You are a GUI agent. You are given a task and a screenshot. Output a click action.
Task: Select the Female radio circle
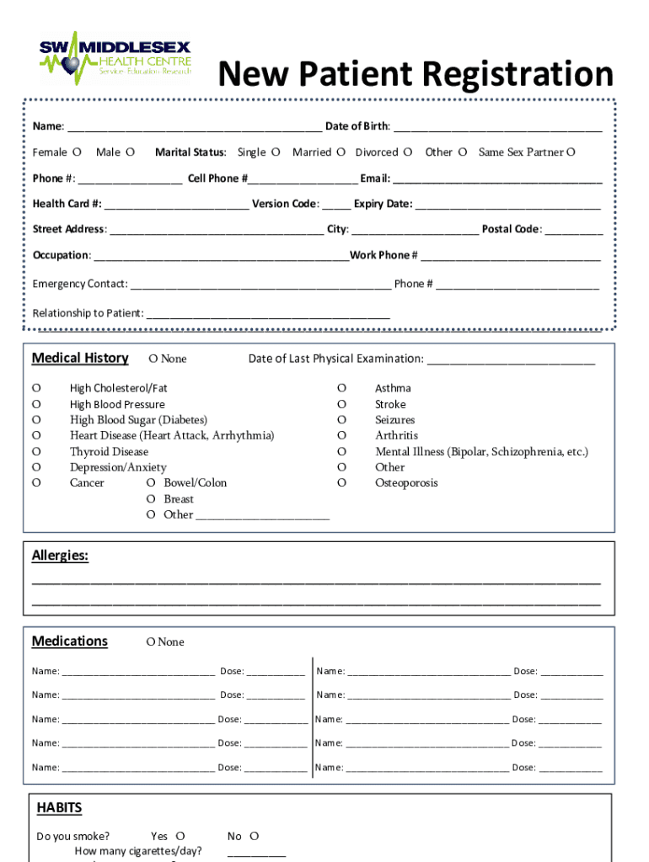(x=77, y=152)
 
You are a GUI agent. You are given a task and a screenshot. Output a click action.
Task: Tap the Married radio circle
(x=341, y=152)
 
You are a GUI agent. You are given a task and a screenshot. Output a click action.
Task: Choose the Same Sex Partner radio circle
(x=571, y=152)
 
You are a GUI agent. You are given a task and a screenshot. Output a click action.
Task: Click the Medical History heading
(x=80, y=358)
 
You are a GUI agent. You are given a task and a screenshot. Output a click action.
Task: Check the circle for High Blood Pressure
(x=36, y=404)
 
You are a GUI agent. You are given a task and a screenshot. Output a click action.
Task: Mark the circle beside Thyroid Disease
(x=36, y=451)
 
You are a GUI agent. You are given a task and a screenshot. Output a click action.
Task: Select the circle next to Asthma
(x=341, y=388)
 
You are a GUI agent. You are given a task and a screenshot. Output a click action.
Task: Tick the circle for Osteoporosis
(x=341, y=482)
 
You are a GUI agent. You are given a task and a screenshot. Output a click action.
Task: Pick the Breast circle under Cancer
(x=151, y=499)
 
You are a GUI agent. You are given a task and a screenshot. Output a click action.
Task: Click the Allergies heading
(x=60, y=556)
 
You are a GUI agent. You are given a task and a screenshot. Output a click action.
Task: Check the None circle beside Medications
(x=150, y=642)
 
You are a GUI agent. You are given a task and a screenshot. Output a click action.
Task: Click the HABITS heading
(x=59, y=808)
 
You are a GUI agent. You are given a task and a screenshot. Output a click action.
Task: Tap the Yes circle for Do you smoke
(x=180, y=837)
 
